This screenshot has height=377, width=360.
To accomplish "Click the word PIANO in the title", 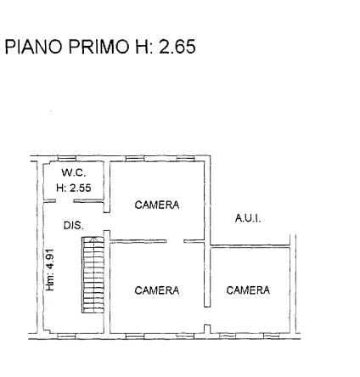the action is (x=33, y=47).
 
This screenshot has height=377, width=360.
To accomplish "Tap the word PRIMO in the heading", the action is (x=99, y=47).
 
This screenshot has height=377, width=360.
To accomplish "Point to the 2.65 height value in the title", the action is (x=177, y=47).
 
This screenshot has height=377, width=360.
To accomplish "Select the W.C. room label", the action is (x=74, y=172).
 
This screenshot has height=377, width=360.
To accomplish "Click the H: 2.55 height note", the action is (x=74, y=188).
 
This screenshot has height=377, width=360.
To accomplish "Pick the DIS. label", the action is (x=74, y=225).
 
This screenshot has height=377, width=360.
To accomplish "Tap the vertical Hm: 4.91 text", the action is (x=50, y=270).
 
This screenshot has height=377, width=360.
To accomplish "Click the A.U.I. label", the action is (x=248, y=218).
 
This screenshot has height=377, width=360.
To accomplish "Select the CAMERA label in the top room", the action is (x=157, y=205).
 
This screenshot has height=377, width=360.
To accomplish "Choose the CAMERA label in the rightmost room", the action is (x=248, y=290).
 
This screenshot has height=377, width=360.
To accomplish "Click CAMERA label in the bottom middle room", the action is (x=157, y=290).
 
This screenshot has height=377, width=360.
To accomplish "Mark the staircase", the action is (x=93, y=275).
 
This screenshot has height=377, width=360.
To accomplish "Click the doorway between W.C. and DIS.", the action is (x=65, y=201).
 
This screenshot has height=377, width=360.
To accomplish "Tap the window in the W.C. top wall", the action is (x=67, y=158).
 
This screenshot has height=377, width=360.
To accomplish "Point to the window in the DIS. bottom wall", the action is (x=67, y=336).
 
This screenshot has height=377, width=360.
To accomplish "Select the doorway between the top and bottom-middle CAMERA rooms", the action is (x=175, y=241).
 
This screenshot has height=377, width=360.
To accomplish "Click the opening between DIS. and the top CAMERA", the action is (x=107, y=222).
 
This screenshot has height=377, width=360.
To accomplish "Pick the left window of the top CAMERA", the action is (x=135, y=158).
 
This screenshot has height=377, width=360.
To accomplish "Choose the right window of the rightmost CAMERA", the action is (x=272, y=336).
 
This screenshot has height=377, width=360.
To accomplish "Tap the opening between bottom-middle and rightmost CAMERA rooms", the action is (x=207, y=316).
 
